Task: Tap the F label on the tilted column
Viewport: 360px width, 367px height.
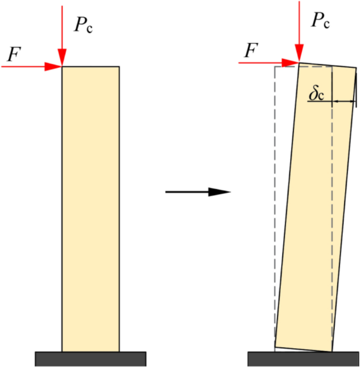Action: coord(252,51)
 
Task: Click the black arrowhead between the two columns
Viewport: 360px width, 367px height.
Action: coord(220,192)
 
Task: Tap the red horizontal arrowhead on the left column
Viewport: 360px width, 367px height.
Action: coord(54,67)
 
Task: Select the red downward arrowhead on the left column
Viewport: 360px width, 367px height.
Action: coord(62,57)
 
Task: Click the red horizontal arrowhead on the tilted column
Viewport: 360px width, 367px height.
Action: coord(291,62)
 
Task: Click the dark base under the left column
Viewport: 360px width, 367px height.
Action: coord(90,359)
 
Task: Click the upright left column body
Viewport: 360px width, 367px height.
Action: coord(90,210)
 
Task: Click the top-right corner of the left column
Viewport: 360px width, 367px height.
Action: coord(119,67)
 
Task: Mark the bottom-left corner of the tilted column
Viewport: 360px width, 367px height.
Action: coord(275,348)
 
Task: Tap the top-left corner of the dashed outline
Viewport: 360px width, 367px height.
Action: coord(275,66)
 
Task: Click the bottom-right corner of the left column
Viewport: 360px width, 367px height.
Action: coord(119,351)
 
